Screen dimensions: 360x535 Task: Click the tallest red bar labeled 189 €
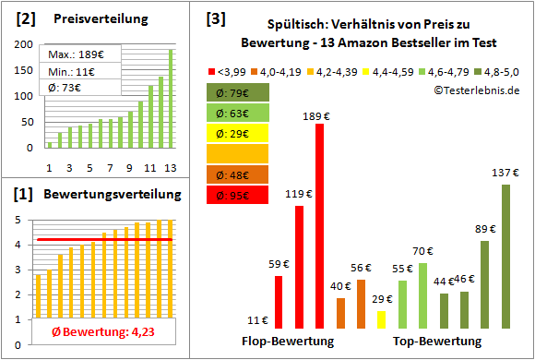pos(319,226)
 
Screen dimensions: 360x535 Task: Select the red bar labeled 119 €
pos(299,267)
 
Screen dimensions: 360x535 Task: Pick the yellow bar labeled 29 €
pos(381,318)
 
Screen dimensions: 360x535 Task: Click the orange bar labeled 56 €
pos(361,304)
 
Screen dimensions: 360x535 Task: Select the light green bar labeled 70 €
pos(422,295)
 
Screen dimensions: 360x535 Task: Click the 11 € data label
pos(259,320)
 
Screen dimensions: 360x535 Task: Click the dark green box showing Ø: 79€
pos(238,92)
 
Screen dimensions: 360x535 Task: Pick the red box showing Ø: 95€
pos(238,195)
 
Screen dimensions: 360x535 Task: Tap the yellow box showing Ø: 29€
pos(238,134)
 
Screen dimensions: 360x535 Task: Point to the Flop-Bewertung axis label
pos(288,342)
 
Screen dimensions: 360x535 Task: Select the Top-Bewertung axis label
pos(437,342)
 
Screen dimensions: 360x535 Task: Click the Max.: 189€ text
pos(76,54)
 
